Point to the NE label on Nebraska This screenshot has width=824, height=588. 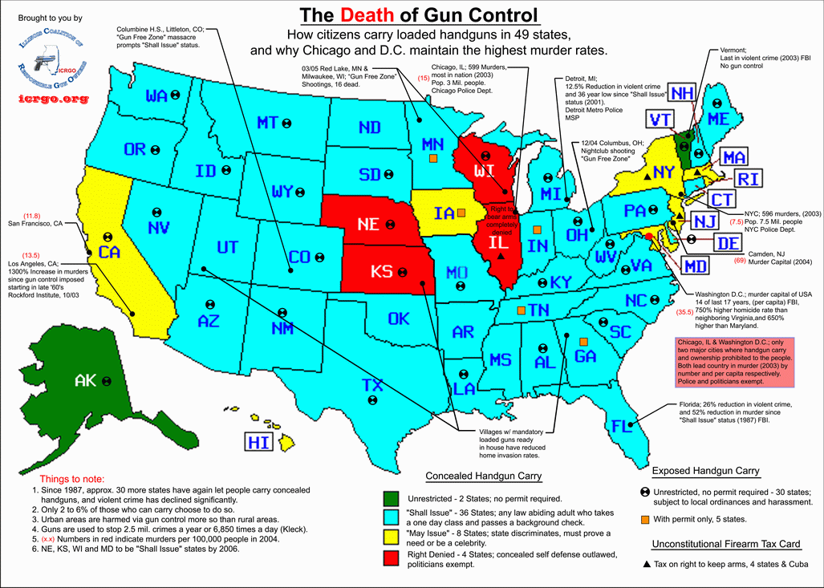coord(368,225)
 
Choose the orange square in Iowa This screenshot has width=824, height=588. coord(461,213)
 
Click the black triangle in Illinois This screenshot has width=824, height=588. coord(501,256)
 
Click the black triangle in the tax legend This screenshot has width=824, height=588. coord(647,565)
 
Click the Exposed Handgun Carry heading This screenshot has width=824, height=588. coord(705,471)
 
